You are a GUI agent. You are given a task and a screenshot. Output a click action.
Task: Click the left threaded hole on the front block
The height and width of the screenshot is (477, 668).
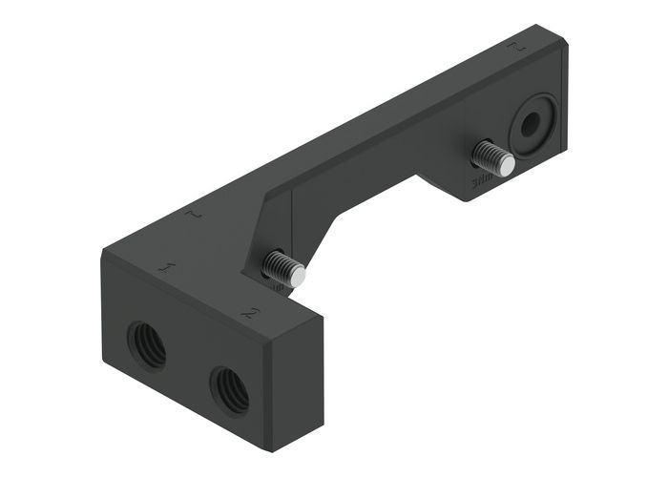click(x=147, y=345)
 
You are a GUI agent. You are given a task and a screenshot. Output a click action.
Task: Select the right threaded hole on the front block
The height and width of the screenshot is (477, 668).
click(x=229, y=387)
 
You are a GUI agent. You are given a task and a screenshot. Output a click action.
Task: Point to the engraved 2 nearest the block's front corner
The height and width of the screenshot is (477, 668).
click(x=250, y=312)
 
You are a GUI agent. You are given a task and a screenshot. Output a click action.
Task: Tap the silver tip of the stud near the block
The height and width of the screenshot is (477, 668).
click(x=298, y=276)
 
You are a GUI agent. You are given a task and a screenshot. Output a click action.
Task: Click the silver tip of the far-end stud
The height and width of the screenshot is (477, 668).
click(x=506, y=165)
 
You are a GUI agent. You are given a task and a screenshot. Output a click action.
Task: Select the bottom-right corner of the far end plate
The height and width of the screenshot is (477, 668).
click(x=565, y=151)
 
